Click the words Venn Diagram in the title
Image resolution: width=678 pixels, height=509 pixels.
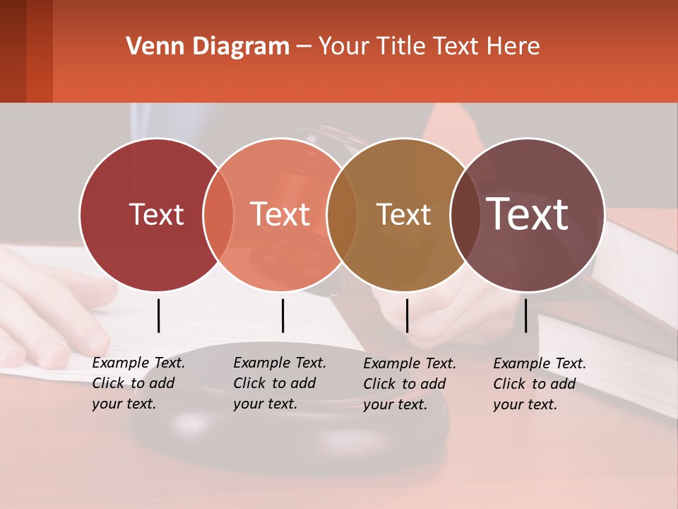point(208,47)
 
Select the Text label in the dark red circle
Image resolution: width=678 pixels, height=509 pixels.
point(156,214)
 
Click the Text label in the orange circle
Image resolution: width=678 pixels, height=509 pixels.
point(280,214)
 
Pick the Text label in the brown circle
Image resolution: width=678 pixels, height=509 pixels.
point(403,214)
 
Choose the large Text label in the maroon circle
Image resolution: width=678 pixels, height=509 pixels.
point(528,213)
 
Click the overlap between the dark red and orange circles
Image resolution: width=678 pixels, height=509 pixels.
point(218,215)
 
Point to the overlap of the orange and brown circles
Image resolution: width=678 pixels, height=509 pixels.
point(342,215)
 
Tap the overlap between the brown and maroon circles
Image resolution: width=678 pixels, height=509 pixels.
point(463,215)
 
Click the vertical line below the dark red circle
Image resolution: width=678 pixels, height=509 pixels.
point(158,315)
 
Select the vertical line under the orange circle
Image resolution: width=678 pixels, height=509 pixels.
point(282,315)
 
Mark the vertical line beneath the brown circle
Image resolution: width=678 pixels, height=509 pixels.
point(407,315)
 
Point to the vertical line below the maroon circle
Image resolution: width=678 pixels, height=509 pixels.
point(525,315)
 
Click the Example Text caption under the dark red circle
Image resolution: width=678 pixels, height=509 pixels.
point(138,383)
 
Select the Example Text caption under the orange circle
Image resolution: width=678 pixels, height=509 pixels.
point(280,383)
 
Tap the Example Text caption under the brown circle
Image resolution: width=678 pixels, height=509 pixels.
point(410,384)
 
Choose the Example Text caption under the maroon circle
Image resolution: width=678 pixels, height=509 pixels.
point(540,384)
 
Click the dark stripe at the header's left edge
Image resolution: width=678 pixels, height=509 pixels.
point(13,51)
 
